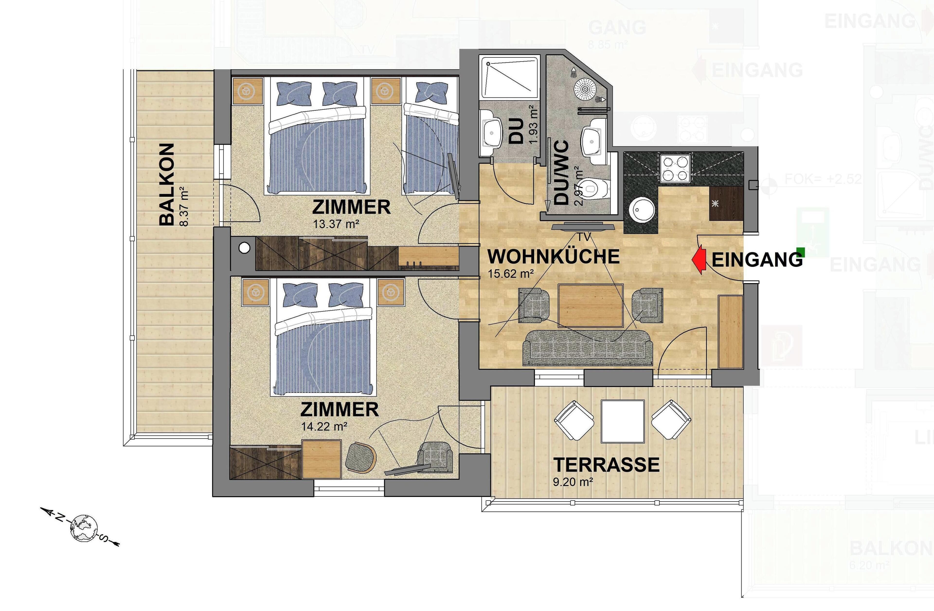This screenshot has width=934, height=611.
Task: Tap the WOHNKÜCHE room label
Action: [553, 257]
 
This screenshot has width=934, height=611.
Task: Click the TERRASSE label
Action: [606, 465]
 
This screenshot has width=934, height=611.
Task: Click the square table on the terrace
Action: [623, 421]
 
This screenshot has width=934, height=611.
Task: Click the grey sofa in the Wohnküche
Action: [587, 347]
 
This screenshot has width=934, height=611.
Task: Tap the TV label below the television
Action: [584, 237]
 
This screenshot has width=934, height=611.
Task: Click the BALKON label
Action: [166, 184]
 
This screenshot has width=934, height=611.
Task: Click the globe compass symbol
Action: [84, 528]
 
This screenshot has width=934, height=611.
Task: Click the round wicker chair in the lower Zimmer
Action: [361, 457]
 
